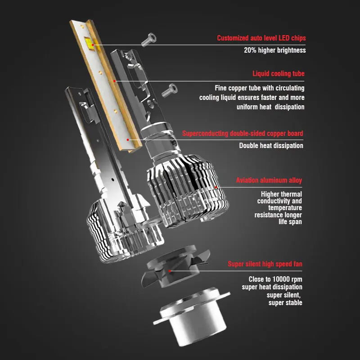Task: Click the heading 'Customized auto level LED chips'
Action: tap(261, 38)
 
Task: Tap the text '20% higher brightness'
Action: tap(274, 50)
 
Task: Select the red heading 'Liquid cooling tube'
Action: tap(278, 74)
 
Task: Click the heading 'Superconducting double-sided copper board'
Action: tap(243, 134)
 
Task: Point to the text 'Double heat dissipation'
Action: tap(271, 145)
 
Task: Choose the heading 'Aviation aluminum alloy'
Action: tap(269, 180)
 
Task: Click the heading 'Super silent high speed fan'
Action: tap(265, 264)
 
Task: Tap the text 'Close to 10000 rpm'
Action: tap(275, 279)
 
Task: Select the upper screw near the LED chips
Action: tap(148, 41)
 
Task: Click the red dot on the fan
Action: tap(170, 271)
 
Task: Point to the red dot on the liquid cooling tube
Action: tap(114, 81)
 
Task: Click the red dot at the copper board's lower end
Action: tap(128, 139)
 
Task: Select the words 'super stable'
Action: tap(285, 302)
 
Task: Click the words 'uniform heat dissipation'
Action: tap(270, 107)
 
